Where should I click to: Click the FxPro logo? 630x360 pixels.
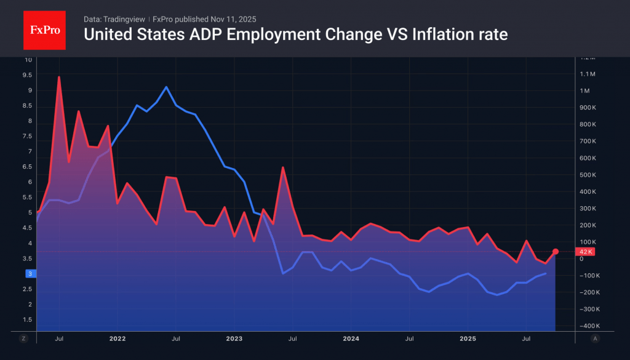coord(44,29)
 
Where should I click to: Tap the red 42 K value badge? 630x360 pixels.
coord(584,252)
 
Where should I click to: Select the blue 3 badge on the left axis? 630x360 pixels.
coord(28,273)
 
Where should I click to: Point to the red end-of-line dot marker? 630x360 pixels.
coord(556,251)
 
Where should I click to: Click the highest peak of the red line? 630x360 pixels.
coord(59,78)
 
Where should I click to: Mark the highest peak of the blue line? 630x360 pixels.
coord(166,87)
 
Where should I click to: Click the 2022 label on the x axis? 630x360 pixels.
coord(118,338)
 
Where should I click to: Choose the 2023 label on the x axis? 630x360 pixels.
coord(234,338)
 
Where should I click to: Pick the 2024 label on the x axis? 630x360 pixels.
coord(351,338)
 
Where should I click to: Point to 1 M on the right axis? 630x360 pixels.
coord(584,91)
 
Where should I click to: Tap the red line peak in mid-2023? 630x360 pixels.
coord(282,167)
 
